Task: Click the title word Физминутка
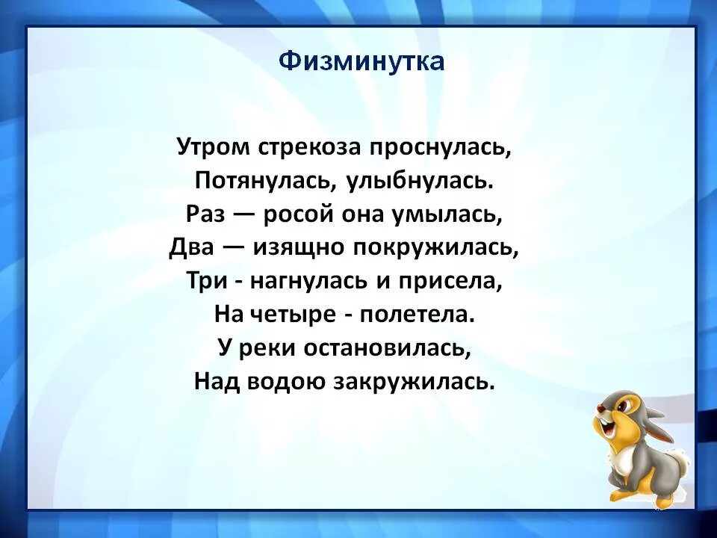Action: [361, 61]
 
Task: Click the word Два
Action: [190, 247]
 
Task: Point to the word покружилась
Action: [432, 247]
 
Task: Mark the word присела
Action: [456, 281]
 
